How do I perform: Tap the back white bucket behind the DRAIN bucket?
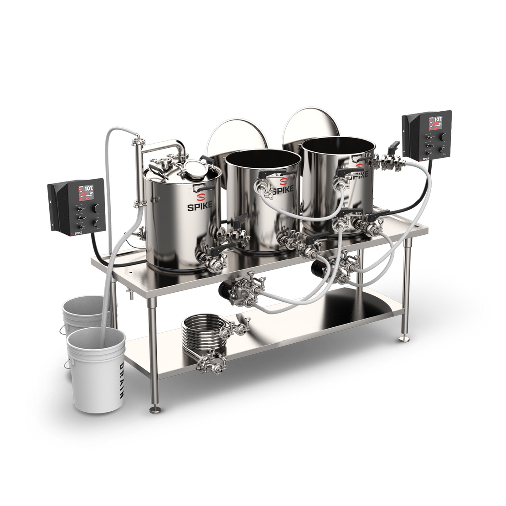click(82, 310)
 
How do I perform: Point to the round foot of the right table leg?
click(404, 339)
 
